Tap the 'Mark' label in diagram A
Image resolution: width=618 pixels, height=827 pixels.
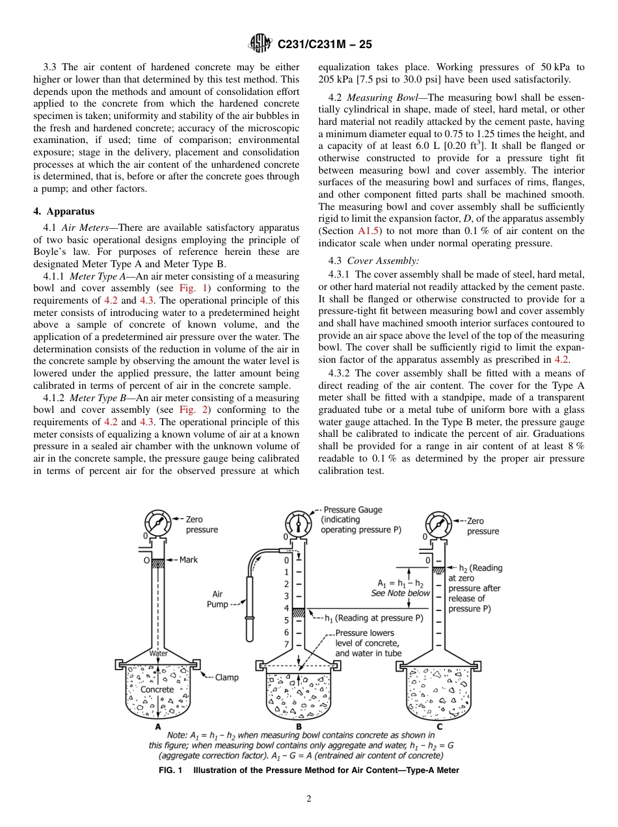pyautogui.click(x=189, y=560)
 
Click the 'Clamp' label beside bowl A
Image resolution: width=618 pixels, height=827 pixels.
pyautogui.click(x=226, y=677)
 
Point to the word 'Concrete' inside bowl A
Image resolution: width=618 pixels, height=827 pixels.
pyautogui.click(x=157, y=689)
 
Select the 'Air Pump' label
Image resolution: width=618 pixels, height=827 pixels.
pyautogui.click(x=217, y=599)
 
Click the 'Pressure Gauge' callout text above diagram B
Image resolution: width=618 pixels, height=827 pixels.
pyautogui.click(x=353, y=510)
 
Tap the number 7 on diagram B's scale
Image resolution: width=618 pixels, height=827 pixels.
pyautogui.click(x=286, y=644)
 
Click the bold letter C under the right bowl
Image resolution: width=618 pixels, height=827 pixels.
pyautogui.click(x=440, y=726)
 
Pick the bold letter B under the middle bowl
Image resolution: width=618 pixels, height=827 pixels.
pyautogui.click(x=299, y=726)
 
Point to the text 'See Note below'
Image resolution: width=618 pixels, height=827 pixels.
pyautogui.click(x=401, y=593)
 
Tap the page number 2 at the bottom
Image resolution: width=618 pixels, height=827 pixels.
pyautogui.click(x=309, y=799)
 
